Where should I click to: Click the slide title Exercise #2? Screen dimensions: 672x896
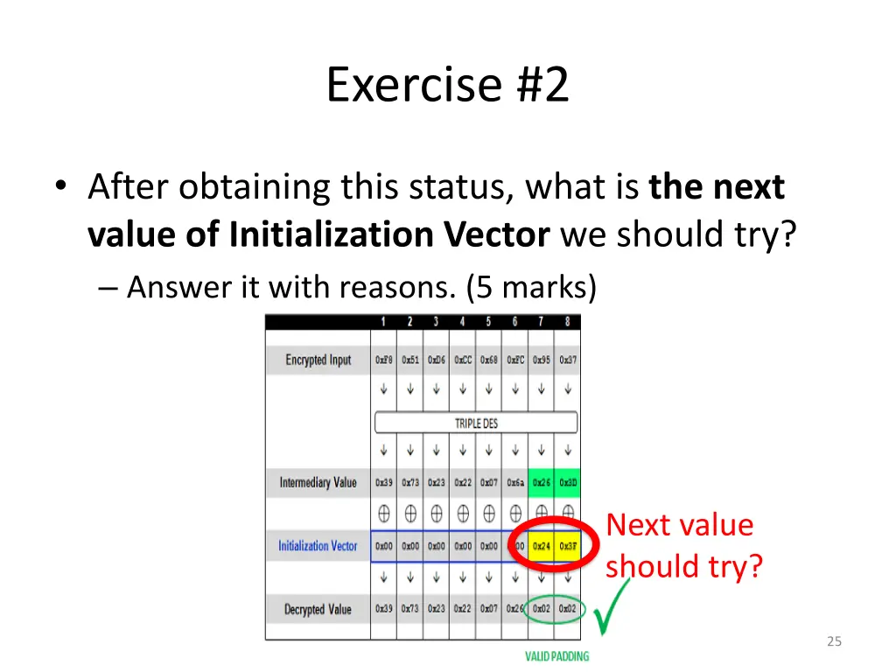click(447, 85)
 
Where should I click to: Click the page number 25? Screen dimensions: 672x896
click(834, 641)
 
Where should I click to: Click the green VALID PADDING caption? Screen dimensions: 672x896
click(556, 656)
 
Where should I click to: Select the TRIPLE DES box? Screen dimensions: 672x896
click(476, 423)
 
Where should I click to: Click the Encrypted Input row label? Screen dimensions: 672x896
click(318, 360)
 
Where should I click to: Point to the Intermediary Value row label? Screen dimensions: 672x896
click(318, 482)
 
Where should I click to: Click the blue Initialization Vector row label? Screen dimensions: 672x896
click(318, 546)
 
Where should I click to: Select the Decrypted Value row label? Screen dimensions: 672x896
click(318, 609)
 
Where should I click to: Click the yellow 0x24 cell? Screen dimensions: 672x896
click(542, 546)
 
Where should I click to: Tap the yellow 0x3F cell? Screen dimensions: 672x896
click(568, 546)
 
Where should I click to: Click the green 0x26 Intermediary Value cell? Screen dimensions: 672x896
click(542, 482)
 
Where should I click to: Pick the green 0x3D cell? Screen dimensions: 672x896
click(568, 482)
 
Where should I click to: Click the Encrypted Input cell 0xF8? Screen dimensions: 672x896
click(384, 360)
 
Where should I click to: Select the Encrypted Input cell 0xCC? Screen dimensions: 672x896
click(463, 360)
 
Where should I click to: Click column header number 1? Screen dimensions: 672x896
click(383, 322)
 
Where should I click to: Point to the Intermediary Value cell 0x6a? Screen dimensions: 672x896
click(515, 482)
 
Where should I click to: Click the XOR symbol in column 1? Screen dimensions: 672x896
click(383, 514)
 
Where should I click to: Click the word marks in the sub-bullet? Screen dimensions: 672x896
click(555, 287)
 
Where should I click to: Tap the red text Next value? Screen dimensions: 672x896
click(679, 525)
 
